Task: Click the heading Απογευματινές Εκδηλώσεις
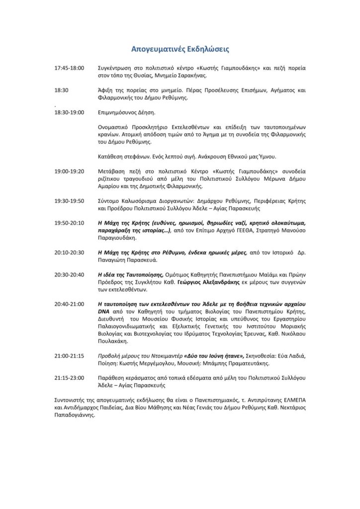pos(180,49)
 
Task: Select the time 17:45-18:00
pos(69,68)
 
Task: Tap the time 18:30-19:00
pos(69,113)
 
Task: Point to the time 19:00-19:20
pos(69,171)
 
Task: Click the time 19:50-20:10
pos(69,223)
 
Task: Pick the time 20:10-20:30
pos(69,253)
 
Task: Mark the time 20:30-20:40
pos(69,274)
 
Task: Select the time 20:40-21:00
pos(69,304)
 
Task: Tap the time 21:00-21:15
pos(69,356)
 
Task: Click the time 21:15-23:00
pos(69,378)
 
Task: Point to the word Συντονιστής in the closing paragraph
pos(70,400)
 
